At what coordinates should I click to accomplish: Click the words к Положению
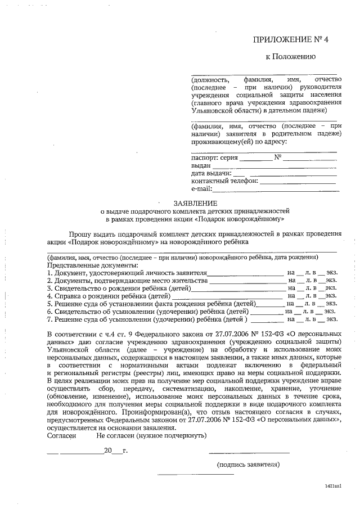pos(290,57)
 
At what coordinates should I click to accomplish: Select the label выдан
pos(201,166)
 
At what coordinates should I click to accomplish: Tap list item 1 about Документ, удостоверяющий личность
pos(127,272)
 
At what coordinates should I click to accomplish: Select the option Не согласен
pos(119,435)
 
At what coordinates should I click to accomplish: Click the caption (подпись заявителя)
pos(248,465)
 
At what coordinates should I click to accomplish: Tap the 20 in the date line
pos(108,451)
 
